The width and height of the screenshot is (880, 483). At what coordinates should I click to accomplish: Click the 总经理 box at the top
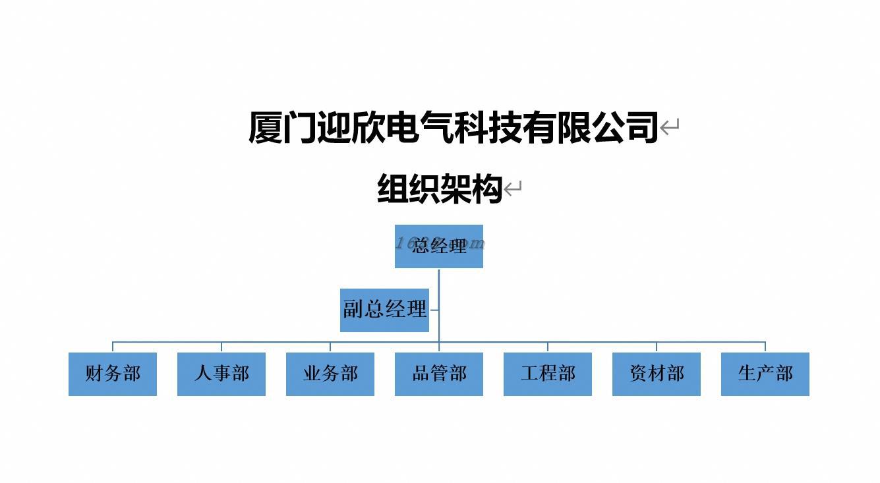[438, 246]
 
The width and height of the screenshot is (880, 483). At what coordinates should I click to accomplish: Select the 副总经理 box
[384, 310]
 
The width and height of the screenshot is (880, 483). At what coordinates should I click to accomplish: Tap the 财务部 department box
[113, 374]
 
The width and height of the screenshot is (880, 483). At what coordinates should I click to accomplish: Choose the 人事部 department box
[221, 374]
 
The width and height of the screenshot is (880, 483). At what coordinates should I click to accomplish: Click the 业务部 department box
[330, 374]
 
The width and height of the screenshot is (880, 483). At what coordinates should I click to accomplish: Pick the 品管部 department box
[439, 374]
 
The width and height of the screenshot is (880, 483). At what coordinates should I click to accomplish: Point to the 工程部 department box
[548, 374]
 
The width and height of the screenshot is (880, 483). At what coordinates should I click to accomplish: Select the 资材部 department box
[657, 374]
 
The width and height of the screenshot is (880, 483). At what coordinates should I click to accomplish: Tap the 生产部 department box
[765, 374]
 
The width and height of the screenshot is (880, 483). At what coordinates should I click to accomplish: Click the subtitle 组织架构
[440, 189]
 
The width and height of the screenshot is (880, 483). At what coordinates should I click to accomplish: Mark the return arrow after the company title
[670, 127]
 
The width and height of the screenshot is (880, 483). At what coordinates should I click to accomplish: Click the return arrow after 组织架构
[513, 189]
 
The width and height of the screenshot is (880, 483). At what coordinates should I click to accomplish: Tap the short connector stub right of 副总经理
[434, 310]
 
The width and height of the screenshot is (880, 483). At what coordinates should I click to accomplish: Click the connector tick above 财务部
[113, 347]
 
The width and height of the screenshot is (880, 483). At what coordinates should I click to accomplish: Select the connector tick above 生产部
[765, 347]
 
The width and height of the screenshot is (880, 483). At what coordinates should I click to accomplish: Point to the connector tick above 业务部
[330, 347]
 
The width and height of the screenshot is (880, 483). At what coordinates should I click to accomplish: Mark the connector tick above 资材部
[657, 347]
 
